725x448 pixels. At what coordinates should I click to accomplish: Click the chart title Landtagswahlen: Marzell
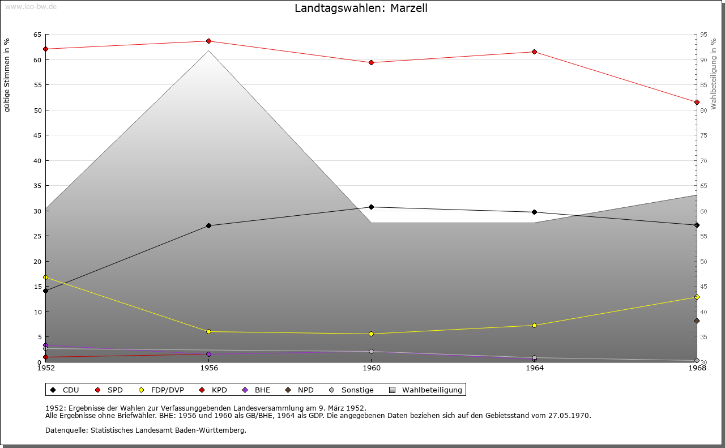pyautogui.click(x=361, y=8)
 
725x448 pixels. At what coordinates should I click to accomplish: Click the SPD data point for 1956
pyautogui.click(x=209, y=41)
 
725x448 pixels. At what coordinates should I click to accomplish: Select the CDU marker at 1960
pyautogui.click(x=372, y=207)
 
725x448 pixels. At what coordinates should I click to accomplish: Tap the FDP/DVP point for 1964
pyautogui.click(x=535, y=325)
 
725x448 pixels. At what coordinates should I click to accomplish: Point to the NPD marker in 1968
pyautogui.click(x=697, y=321)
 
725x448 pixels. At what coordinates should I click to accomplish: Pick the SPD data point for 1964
pyautogui.click(x=535, y=52)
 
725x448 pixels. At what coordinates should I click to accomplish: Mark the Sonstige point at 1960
pyautogui.click(x=372, y=351)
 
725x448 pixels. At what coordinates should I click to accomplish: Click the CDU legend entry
pyautogui.click(x=65, y=390)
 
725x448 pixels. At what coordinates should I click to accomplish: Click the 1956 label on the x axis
pyautogui.click(x=209, y=368)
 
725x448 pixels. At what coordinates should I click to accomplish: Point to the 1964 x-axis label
pyautogui.click(x=535, y=368)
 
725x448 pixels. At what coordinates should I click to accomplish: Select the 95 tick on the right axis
pyautogui.click(x=704, y=35)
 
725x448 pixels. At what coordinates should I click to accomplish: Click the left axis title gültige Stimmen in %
pyautogui.click(x=7, y=75)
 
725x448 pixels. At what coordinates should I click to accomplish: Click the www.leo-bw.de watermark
pyautogui.click(x=29, y=6)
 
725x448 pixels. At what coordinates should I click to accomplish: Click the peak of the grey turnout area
pyautogui.click(x=209, y=50)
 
